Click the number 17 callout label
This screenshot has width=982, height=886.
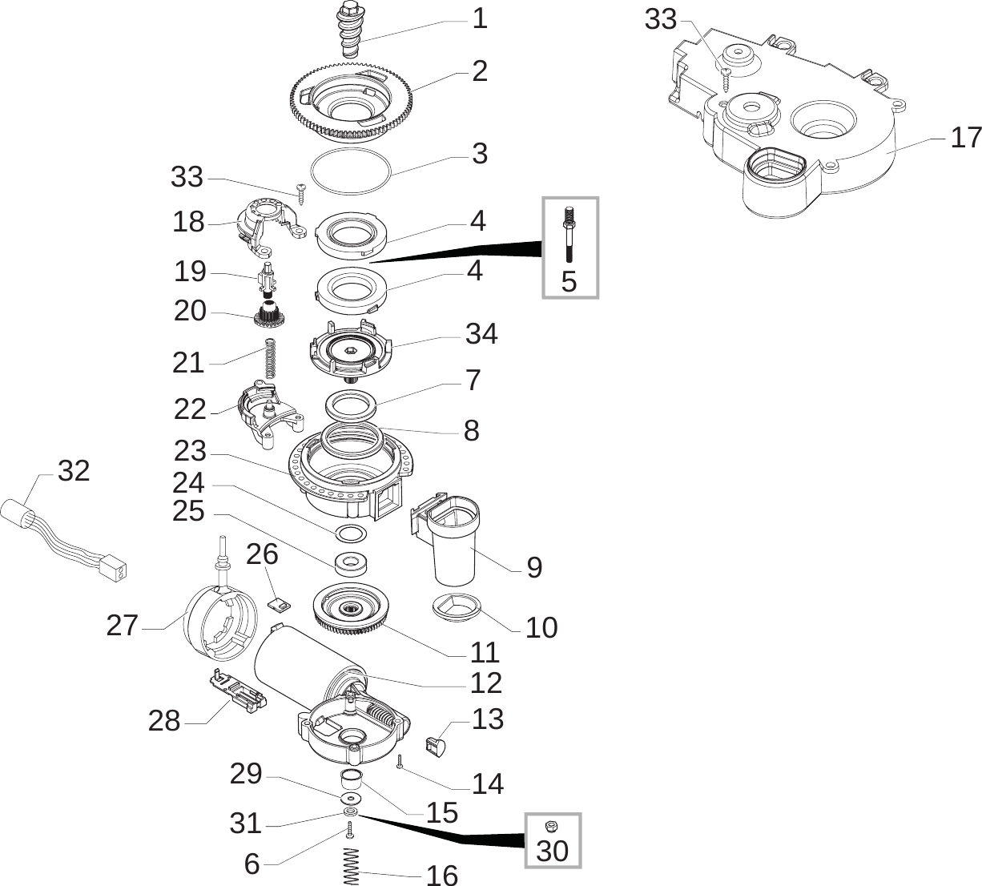965,138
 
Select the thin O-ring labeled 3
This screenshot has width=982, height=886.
350,169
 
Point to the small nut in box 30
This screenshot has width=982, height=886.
551,826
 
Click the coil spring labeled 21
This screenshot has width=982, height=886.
272,358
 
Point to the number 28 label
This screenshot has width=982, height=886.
164,720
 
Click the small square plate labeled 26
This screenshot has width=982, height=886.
277,600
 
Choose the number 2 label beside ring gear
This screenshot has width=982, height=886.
479,71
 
